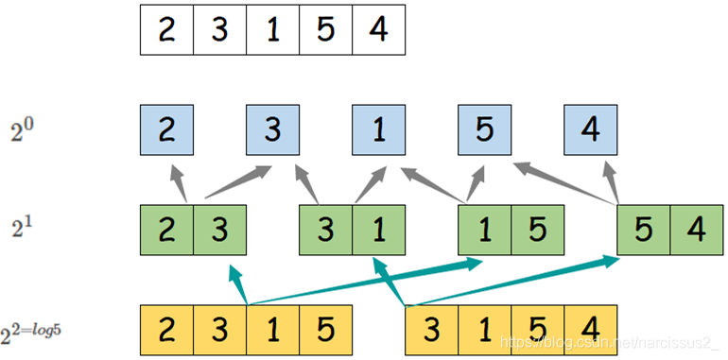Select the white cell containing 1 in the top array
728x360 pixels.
click(x=273, y=31)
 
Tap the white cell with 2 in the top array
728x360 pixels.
click(x=166, y=31)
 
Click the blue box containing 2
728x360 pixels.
click(x=166, y=129)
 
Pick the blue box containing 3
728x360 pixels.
click(x=273, y=129)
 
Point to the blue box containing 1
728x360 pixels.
click(x=379, y=129)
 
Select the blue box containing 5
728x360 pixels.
click(x=485, y=129)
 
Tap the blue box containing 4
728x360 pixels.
click(x=591, y=129)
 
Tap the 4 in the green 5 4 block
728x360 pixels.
click(x=697, y=230)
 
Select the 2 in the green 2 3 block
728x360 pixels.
click(x=166, y=230)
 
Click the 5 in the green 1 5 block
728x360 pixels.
click(x=538, y=230)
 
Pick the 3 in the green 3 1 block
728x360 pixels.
click(x=326, y=230)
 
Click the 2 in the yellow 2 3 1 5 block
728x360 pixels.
click(x=166, y=330)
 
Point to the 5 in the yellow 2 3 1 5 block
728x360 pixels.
click(x=326, y=330)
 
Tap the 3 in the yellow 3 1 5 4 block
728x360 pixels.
click(x=432, y=330)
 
